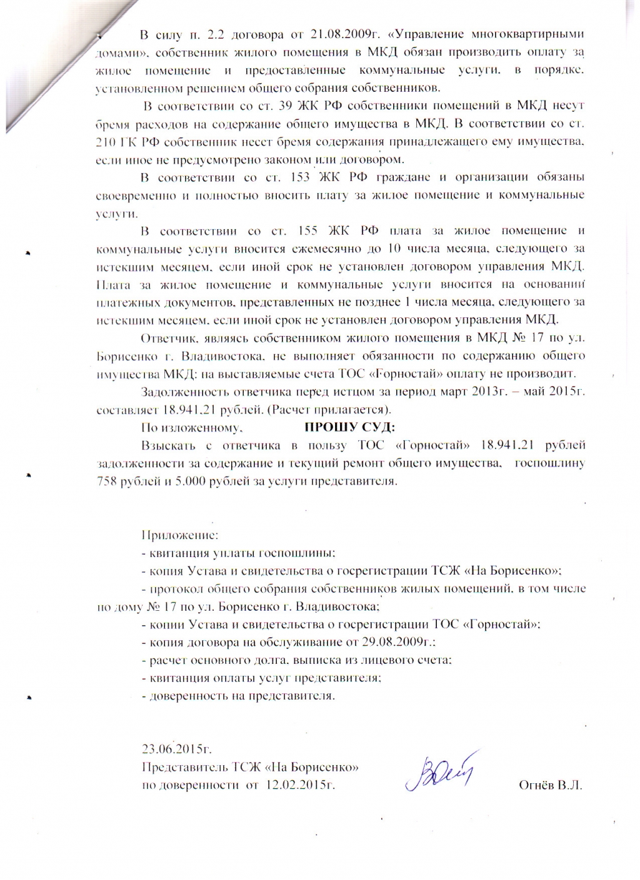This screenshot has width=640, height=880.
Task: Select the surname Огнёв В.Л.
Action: tap(550, 784)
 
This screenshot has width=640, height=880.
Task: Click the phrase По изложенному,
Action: tap(191, 428)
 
